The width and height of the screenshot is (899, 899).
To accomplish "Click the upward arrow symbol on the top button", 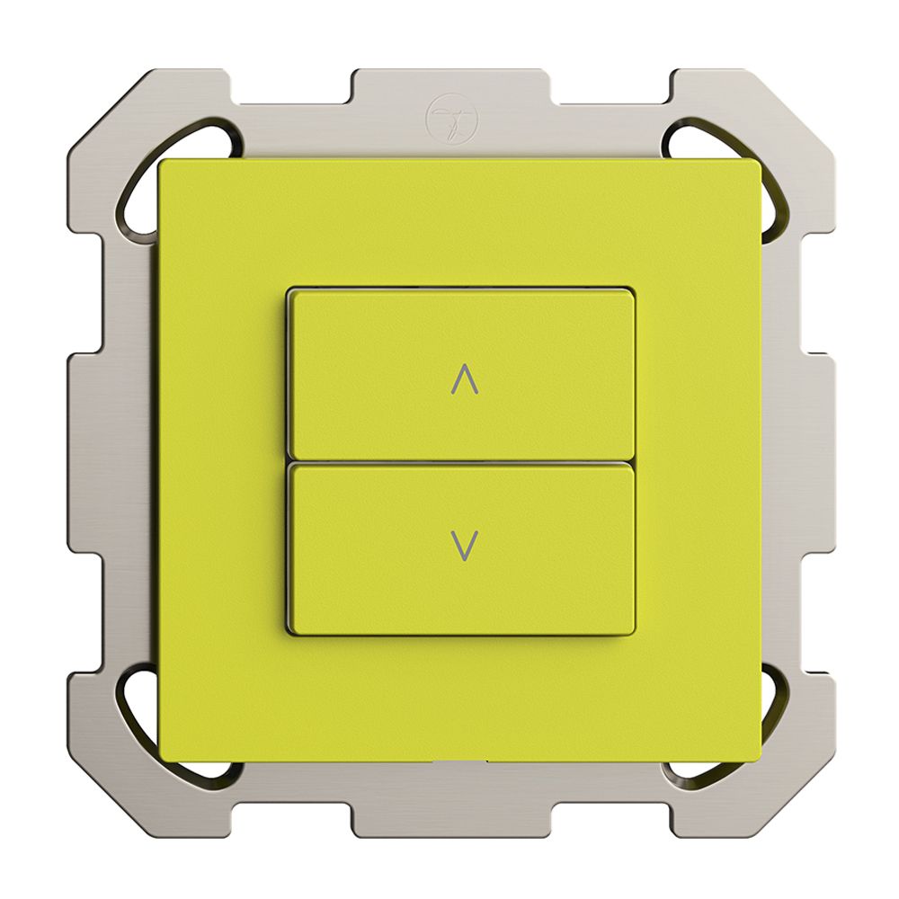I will pos(463,381).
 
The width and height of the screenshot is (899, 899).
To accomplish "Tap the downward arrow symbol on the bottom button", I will pos(464,545).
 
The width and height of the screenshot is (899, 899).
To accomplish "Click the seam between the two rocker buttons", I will pos(461,462).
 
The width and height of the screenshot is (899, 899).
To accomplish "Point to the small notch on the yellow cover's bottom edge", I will pos(460,761).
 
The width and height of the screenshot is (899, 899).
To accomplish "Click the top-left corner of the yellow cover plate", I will pos(162,163).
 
